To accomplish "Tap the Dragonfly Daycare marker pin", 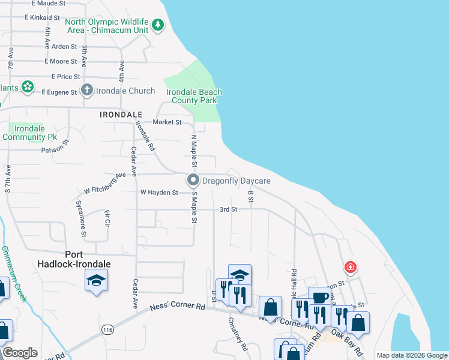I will click(193, 180).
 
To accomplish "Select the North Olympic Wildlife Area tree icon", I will click(157, 25).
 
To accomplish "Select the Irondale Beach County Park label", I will click(194, 96).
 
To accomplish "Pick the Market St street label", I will click(167, 122).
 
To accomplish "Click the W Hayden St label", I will click(159, 193).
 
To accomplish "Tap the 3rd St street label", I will click(229, 209).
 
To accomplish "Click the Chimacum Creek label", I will click(13, 273).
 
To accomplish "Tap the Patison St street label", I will click(56, 148).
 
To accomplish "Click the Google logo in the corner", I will click(20, 353).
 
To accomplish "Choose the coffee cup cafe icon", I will click(319, 298).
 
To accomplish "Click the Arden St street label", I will click(65, 46).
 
